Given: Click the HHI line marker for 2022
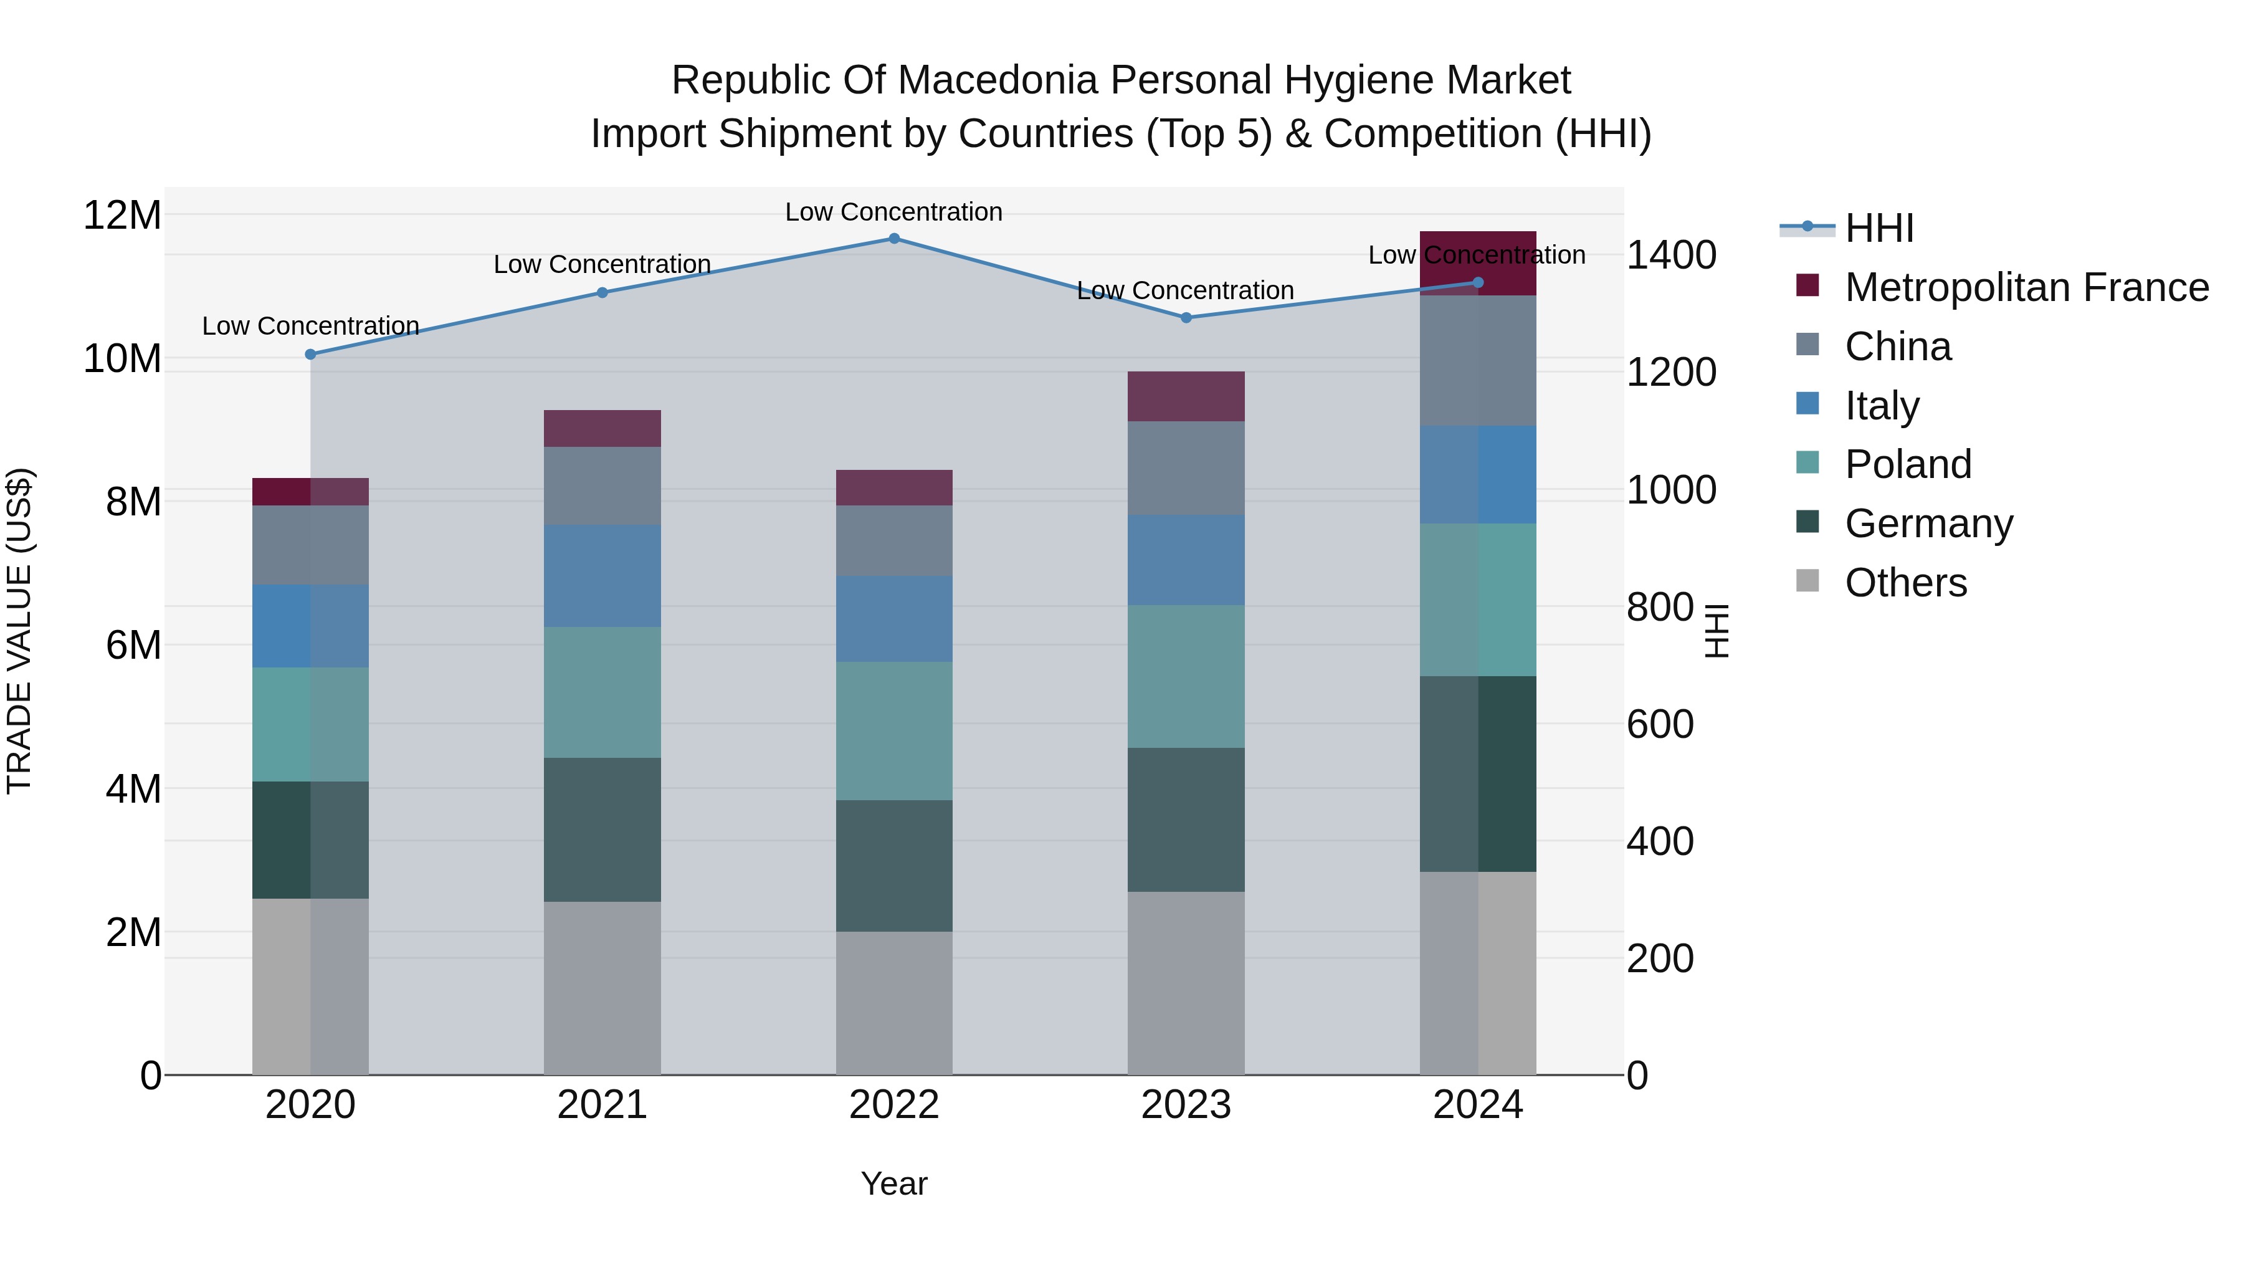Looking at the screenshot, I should tap(893, 238).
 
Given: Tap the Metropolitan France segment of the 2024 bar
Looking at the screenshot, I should tap(1478, 262).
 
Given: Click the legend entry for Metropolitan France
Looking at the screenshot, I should tap(2026, 287).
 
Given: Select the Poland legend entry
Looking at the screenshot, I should tap(1907, 464).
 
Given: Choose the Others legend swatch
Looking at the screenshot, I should tap(1807, 581).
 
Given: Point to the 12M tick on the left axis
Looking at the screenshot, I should tap(122, 215).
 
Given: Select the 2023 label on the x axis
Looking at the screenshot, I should tap(1185, 1105).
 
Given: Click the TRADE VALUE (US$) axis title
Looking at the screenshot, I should tap(19, 631).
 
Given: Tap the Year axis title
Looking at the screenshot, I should tap(893, 1183).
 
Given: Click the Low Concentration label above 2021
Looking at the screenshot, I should tap(602, 264).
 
